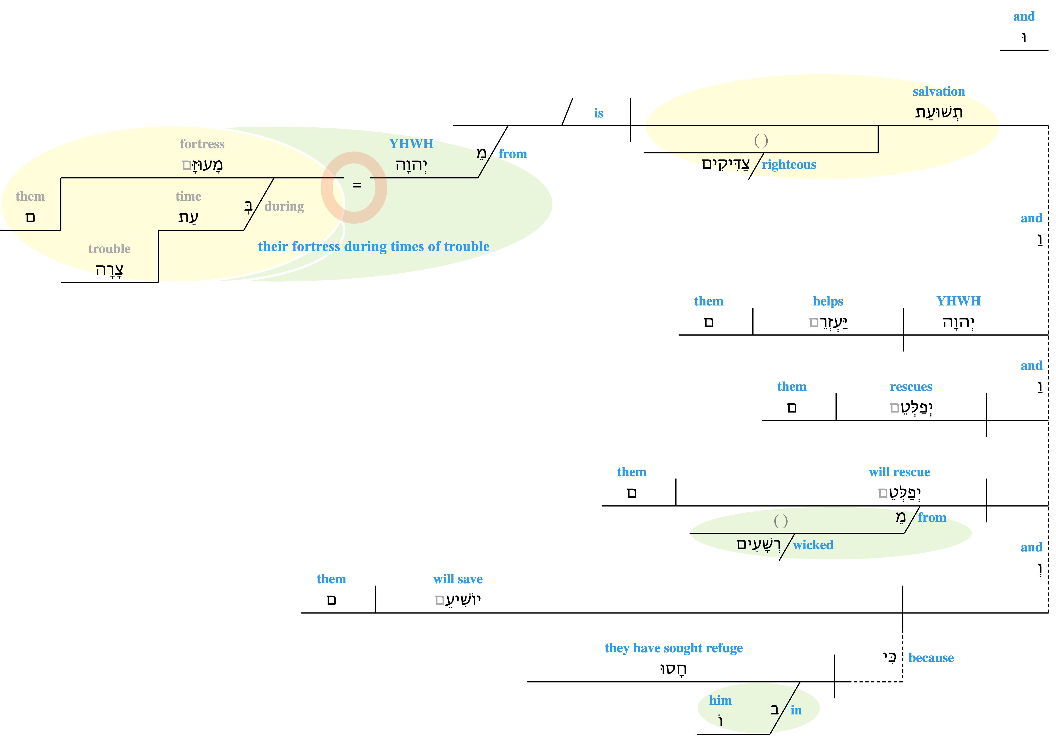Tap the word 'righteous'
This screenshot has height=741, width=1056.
tap(789, 165)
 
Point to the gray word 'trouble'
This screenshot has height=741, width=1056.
tap(109, 249)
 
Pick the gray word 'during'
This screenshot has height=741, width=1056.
tap(284, 207)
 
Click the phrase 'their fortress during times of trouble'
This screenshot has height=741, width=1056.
tap(374, 247)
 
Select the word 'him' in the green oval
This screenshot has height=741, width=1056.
tap(720, 701)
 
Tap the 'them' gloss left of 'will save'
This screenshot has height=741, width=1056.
tap(331, 579)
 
